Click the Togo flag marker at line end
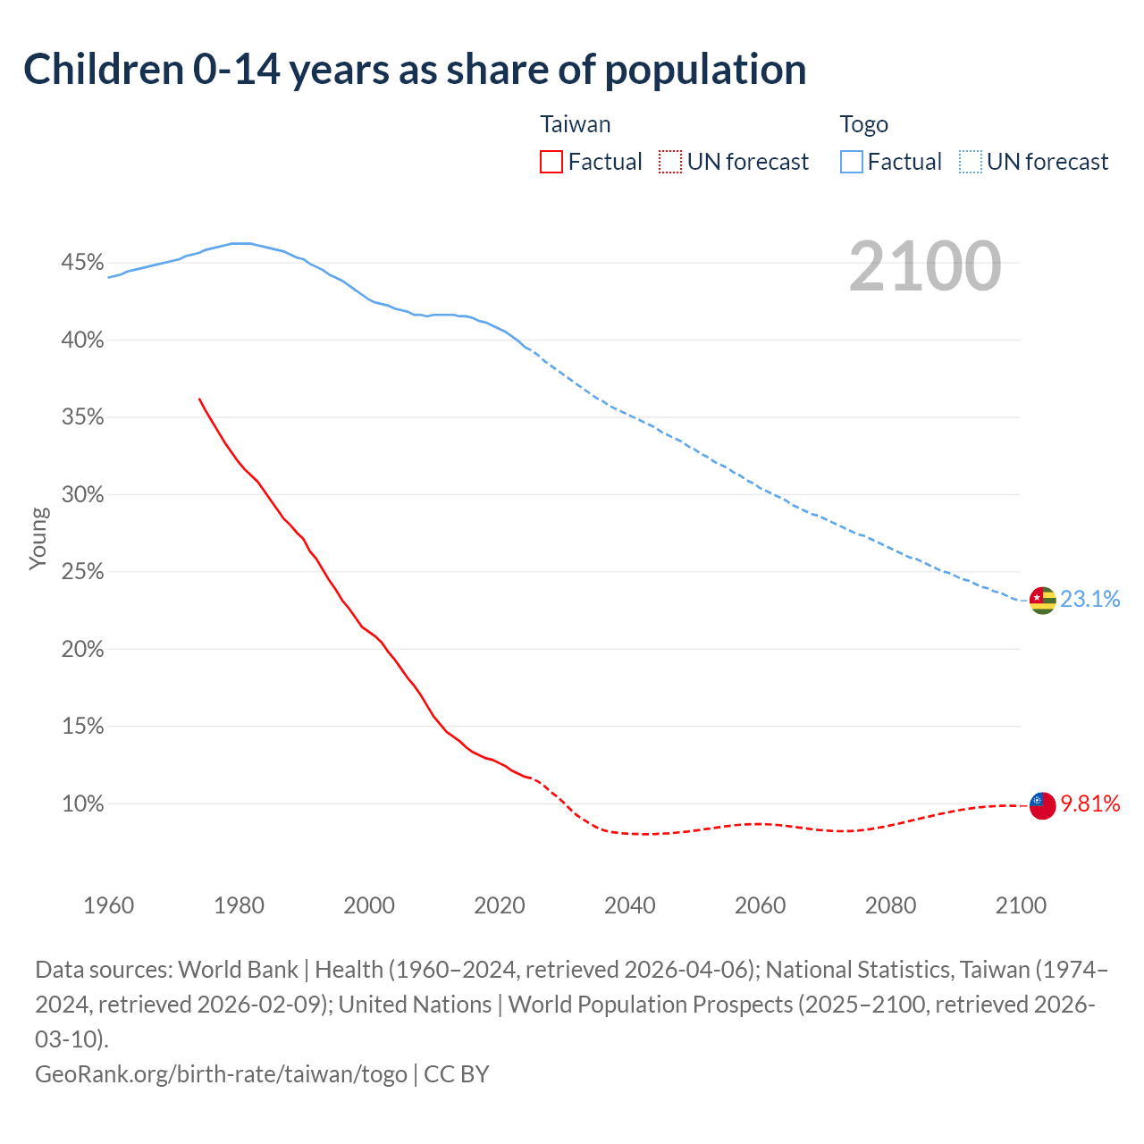1042,600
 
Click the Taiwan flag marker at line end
1042,804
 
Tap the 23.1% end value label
1089,599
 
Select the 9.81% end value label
1089,803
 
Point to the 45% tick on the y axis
82,263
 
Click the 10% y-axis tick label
82,803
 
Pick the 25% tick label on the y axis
82,572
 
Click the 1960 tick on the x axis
109,905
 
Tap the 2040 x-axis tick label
630,905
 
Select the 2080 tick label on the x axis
890,905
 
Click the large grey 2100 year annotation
924,266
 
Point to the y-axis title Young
38,538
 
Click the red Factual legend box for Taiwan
551,162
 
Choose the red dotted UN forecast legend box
670,162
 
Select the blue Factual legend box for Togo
852,162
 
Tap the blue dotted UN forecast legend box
971,162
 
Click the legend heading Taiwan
576,124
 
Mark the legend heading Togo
863,124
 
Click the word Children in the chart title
103,70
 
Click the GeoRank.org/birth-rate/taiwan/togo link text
221,1073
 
